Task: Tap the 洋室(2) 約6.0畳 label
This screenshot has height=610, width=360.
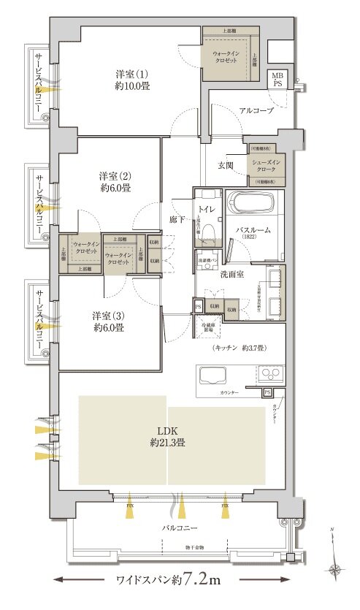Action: pos(115,182)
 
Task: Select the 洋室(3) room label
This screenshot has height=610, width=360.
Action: pos(108,321)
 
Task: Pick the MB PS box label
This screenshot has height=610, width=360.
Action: pos(278,79)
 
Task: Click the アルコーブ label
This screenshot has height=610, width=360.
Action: pos(256,110)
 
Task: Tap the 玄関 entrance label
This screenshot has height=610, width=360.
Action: pos(226,166)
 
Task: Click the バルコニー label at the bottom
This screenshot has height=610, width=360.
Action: pos(177,527)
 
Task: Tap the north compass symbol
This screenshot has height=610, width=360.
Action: pos(335,566)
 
